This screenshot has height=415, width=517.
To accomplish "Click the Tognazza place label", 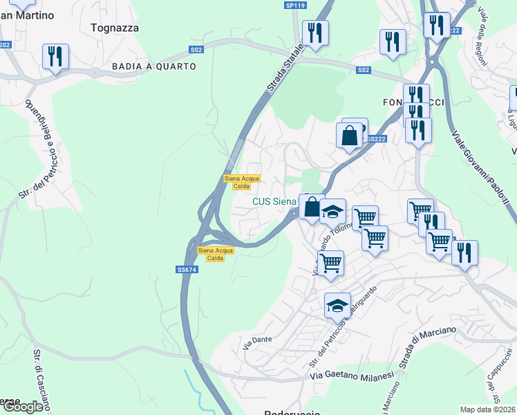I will [115, 28].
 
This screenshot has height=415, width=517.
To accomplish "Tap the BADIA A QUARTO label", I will [154, 66].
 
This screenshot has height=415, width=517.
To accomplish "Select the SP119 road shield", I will [295, 6].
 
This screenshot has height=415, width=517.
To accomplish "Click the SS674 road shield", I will [185, 270].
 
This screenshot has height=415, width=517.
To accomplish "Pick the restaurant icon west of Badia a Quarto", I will [55, 57].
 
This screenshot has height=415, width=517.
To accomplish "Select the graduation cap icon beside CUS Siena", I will [332, 211].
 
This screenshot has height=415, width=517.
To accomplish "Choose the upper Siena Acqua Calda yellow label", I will [242, 182].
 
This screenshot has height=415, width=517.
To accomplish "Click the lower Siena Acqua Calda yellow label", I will [216, 254].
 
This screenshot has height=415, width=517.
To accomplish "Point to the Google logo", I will [23, 407].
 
